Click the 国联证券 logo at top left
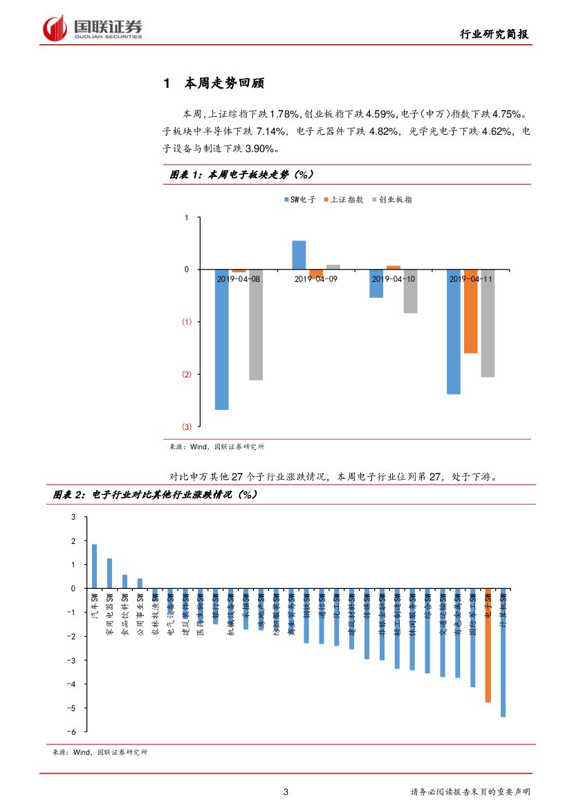[x=93, y=29]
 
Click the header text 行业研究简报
[x=497, y=34]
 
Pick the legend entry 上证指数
[x=343, y=200]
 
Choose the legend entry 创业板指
[x=391, y=200]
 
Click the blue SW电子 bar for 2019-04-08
[x=221, y=339]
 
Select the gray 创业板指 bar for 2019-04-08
[x=256, y=324]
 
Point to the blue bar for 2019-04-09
[x=299, y=254]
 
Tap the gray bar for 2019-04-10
[x=411, y=291]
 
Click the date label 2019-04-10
[x=394, y=279]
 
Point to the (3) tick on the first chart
[x=187, y=426]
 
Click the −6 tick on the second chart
[x=73, y=731]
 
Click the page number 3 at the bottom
[x=286, y=792]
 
